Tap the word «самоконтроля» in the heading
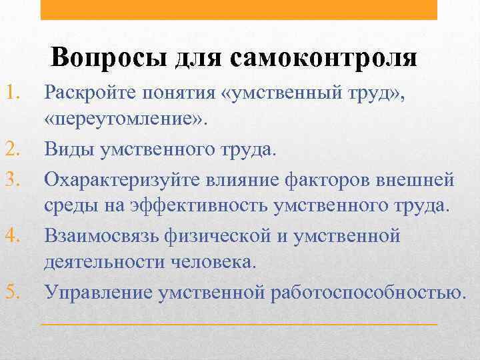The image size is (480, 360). (x=324, y=58)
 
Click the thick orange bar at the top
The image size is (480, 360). (x=239, y=9)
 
